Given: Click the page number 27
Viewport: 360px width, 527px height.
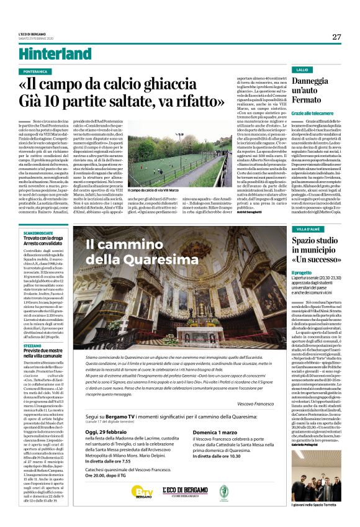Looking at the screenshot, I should (x=336, y=37).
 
